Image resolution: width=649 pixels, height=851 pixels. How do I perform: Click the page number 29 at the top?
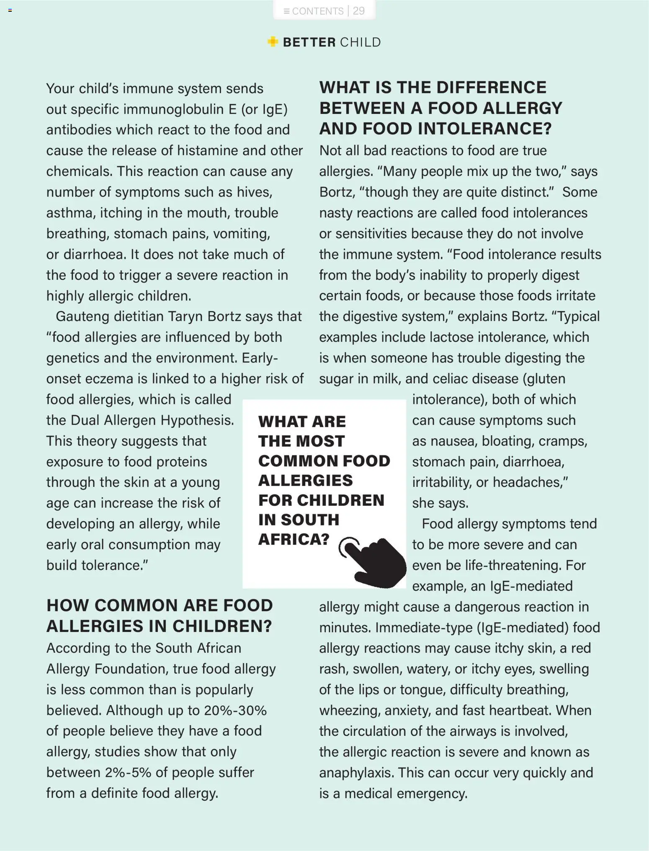pos(358,11)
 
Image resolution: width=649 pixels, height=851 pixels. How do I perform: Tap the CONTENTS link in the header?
pos(317,11)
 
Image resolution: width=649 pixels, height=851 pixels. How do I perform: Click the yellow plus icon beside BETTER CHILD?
pos(273,42)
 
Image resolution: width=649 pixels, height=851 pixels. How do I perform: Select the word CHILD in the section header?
pos(360,42)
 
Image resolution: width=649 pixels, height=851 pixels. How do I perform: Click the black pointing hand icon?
pos(374,561)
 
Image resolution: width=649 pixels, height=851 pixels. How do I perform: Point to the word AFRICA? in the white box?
pos(294,539)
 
